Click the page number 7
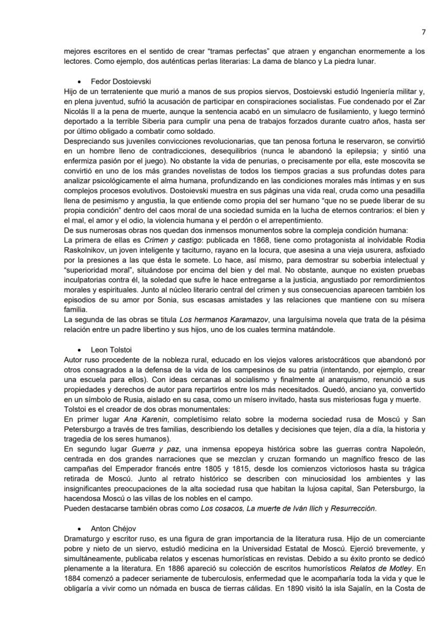pyautogui.click(x=423, y=32)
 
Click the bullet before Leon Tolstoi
pyautogui.click(x=80, y=350)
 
